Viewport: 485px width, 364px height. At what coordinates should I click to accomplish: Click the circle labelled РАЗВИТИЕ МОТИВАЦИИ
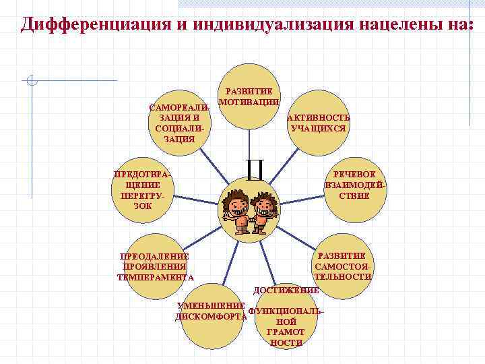250,94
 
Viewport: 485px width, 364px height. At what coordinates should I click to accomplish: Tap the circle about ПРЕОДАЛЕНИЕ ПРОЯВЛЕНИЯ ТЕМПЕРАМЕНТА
155,266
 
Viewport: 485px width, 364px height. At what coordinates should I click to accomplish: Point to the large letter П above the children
254,169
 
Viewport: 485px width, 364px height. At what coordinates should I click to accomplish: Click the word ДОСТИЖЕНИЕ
285,290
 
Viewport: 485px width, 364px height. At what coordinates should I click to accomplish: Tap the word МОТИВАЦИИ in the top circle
250,102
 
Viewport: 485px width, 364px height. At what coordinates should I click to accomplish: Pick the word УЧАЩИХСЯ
318,128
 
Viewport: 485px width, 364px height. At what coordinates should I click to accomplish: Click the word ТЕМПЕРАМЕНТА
156,277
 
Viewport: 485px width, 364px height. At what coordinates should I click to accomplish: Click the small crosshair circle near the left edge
32,81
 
